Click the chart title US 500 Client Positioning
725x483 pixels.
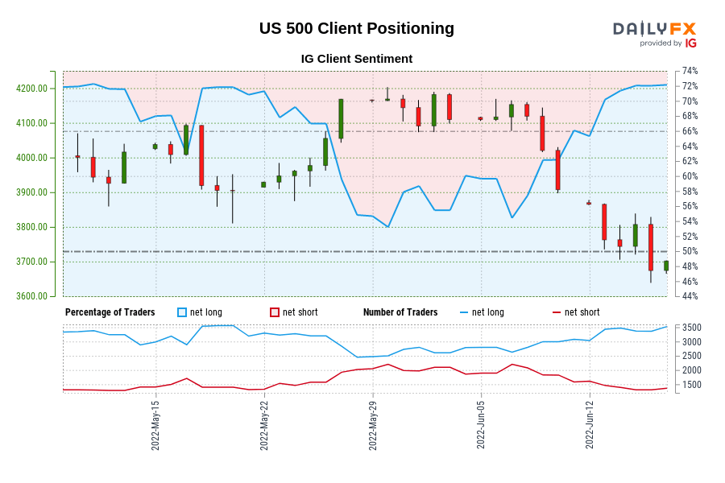(x=356, y=29)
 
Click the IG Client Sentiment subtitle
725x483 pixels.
(x=356, y=59)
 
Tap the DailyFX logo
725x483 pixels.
(x=654, y=34)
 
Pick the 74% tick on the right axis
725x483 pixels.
(x=690, y=72)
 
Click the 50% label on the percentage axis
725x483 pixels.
(x=690, y=252)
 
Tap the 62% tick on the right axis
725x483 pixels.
(x=690, y=162)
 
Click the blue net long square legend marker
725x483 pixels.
(x=182, y=312)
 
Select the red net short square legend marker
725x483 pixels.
(x=275, y=312)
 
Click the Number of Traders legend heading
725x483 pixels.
(x=400, y=312)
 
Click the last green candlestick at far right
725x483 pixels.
(x=666, y=266)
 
